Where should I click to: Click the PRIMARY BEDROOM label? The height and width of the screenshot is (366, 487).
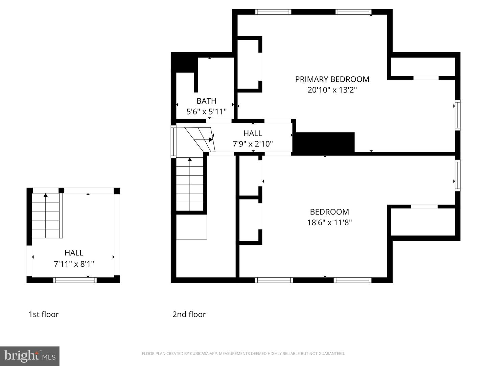coord(332,79)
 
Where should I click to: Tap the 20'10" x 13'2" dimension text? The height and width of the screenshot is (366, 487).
coord(332,90)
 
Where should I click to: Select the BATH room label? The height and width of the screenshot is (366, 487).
coord(206,101)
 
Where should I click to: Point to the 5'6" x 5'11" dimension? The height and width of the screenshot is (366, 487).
coord(206,111)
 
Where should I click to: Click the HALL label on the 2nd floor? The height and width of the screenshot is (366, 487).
coord(253,133)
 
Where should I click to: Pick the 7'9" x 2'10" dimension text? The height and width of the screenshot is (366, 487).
coord(253,144)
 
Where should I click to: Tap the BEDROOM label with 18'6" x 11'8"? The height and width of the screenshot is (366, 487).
coord(329,212)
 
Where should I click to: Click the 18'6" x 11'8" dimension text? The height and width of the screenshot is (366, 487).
coord(329,222)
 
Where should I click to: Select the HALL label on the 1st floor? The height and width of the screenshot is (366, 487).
coord(74,253)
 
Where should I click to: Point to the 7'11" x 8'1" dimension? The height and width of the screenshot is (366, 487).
coord(74,264)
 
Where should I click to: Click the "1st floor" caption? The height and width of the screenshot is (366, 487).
coord(44,314)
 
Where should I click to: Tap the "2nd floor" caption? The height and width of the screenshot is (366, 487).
coord(189,314)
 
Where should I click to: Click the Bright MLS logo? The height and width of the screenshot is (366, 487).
coord(30,356)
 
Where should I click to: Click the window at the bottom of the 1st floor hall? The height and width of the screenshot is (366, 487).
coord(75,280)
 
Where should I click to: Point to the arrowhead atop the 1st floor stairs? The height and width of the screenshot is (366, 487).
coord(45,195)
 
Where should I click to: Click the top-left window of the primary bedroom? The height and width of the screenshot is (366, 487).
coord(273,12)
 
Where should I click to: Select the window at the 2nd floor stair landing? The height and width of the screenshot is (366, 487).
coord(173,142)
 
